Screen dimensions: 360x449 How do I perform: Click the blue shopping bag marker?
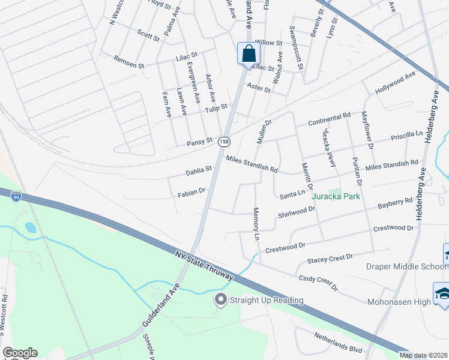click(x=249, y=54)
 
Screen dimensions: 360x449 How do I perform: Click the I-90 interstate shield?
click(x=16, y=196)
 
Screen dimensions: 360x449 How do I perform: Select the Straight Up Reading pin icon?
click(x=220, y=299)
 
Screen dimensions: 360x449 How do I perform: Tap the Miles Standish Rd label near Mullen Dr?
click(x=252, y=164)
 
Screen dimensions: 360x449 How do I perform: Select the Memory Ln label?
click(x=256, y=224)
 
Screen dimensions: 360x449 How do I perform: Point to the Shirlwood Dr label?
click(x=296, y=212)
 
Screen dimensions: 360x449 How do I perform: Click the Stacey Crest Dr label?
click(x=330, y=259)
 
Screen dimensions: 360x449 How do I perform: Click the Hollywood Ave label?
click(x=395, y=84)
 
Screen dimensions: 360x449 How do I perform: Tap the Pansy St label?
click(x=200, y=142)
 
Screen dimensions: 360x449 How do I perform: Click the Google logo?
click(x=20, y=353)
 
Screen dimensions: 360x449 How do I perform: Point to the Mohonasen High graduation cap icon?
click(x=442, y=294)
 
